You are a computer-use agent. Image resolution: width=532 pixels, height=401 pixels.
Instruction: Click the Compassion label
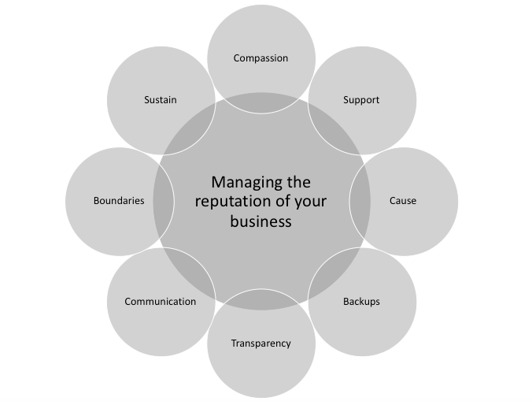coord(260,58)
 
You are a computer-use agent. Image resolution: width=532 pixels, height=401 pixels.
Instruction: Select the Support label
coord(361,100)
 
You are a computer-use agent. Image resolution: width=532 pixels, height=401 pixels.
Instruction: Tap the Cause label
coord(403,201)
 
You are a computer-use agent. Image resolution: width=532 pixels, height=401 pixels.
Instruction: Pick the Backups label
coord(361,302)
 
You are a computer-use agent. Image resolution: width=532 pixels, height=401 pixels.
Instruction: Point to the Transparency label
coord(260,343)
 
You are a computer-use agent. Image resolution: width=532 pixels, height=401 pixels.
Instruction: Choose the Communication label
coord(160,302)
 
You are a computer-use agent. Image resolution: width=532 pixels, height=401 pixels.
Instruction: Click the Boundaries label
coord(119,201)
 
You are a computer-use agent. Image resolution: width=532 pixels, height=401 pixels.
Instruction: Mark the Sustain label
coord(160,100)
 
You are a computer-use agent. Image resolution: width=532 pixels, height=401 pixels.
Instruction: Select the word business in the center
coord(260,221)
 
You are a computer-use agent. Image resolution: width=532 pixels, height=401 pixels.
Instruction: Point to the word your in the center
coord(310,202)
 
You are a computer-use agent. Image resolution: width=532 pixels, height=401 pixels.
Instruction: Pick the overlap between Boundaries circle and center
coord(164,201)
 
